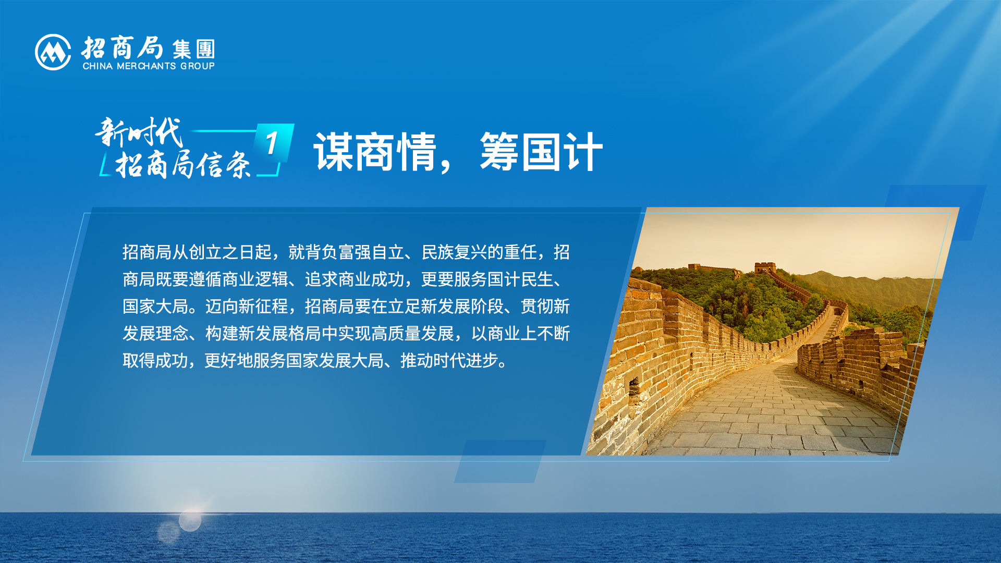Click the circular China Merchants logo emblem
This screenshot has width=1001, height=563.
coord(53,52)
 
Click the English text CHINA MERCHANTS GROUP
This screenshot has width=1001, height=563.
coord(149,66)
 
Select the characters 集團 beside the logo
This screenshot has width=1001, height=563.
coord(193,50)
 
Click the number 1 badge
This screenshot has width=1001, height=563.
coord(274,143)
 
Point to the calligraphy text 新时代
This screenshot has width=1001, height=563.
coord(139,132)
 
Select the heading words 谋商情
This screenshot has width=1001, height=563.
coord(375,152)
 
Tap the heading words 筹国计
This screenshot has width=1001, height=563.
coord(541,152)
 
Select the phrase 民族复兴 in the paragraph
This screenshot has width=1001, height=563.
coord(454,252)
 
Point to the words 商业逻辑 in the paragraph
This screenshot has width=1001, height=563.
coord(255,279)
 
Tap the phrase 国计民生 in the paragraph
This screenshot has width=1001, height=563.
coord(520,279)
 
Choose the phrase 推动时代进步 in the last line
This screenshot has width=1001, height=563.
coord(449,361)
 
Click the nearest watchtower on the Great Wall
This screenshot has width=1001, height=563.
coord(765,268)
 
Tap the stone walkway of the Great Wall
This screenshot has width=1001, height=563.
coord(772,407)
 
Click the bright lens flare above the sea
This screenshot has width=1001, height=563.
coord(190,520)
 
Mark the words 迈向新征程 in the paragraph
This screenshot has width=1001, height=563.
coord(247,307)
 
